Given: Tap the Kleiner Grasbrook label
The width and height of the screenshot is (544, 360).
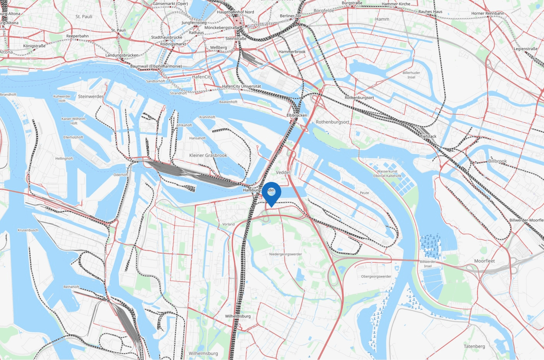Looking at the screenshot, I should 208,156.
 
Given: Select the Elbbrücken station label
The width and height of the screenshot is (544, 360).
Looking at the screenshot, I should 297,115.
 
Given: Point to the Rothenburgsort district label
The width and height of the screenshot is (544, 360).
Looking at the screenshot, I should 332,122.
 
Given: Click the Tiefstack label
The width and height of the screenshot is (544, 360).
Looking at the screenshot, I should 428,136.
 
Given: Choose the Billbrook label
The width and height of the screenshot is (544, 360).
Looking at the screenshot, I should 497,161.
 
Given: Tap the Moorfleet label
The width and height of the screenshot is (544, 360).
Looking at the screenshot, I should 485,261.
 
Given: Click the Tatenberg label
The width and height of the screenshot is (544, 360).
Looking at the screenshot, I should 474,346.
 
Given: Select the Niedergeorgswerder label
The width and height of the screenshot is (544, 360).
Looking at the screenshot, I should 286,254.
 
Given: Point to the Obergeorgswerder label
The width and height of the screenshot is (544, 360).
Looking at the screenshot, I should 376,277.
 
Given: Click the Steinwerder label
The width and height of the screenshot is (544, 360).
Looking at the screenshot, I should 91,96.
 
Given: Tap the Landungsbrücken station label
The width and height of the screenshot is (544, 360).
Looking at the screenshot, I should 122,55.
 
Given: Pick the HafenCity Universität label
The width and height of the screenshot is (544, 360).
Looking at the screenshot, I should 241,86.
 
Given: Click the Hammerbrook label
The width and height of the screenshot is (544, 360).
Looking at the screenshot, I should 292,52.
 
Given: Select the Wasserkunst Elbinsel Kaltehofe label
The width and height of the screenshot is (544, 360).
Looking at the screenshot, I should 387,173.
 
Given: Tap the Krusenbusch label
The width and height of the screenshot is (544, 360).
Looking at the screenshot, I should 28,230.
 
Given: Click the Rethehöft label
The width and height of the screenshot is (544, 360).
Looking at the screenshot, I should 71,287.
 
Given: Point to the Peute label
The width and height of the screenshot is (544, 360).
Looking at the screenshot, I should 364,193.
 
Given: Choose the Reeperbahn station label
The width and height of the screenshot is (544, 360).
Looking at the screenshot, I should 77,36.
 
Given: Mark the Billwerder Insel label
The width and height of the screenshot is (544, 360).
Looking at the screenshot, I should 428,264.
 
